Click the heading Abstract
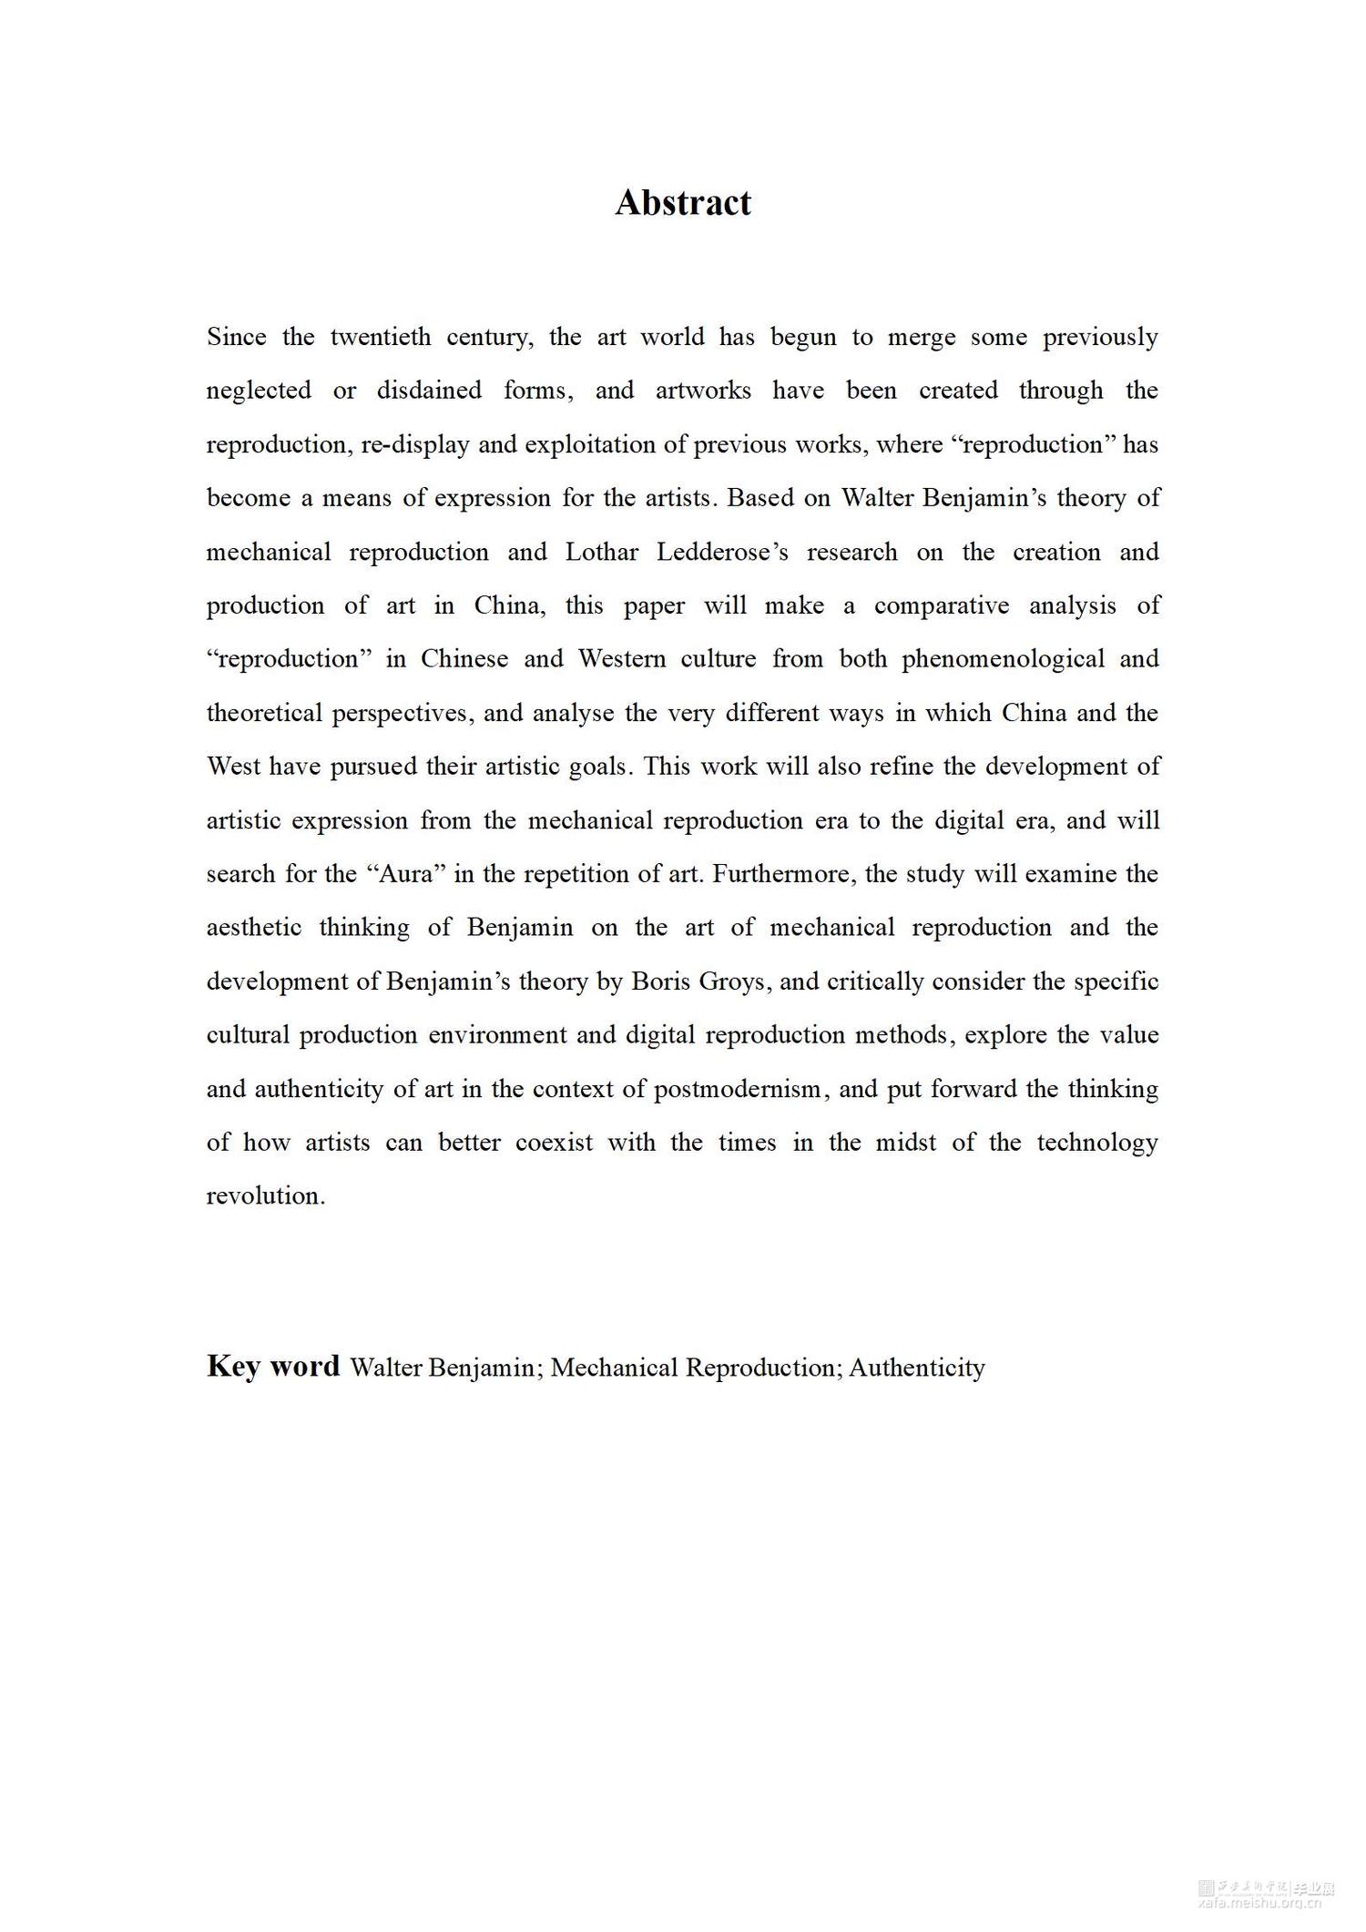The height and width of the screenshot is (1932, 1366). click(683, 202)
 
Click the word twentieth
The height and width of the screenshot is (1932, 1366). click(381, 337)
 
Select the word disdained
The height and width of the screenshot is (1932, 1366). click(429, 391)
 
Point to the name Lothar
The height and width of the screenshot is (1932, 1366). click(601, 552)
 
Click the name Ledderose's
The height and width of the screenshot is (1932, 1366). click(722, 552)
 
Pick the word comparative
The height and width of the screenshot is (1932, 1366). click(942, 605)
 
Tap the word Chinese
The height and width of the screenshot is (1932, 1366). click(464, 659)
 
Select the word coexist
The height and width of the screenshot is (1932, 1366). click(554, 1143)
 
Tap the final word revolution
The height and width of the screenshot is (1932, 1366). click(265, 1196)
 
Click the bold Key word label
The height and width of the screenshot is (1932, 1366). click(272, 1366)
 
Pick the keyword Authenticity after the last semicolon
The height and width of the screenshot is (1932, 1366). click(917, 1368)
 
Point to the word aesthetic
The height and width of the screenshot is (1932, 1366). click(253, 928)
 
